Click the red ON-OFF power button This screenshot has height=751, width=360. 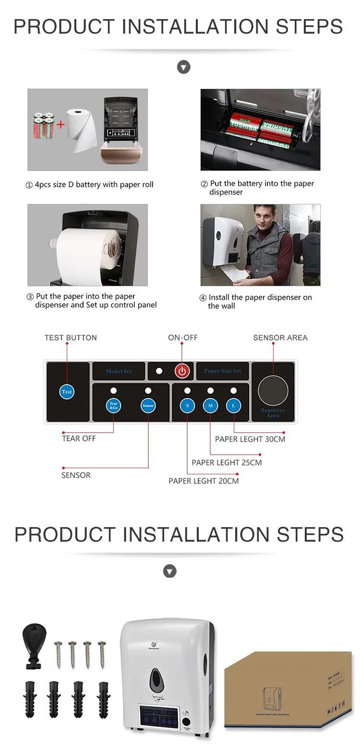(x=182, y=371)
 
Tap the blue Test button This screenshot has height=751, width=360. (x=67, y=391)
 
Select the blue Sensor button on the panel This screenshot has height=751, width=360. (x=148, y=405)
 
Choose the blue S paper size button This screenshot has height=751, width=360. (x=187, y=405)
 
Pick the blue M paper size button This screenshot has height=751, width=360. (x=210, y=405)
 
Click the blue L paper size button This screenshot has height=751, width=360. (x=233, y=405)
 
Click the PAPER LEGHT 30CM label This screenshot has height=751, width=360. (x=250, y=439)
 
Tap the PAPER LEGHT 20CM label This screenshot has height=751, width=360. (x=204, y=481)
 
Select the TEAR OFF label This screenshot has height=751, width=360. (x=79, y=438)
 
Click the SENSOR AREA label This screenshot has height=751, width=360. (x=280, y=338)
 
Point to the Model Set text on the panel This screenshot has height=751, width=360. (x=119, y=371)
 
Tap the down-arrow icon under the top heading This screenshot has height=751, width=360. (x=184, y=67)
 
